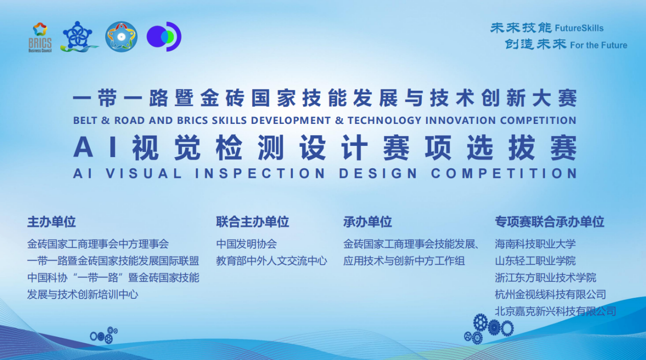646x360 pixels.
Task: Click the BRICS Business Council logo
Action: (40, 37)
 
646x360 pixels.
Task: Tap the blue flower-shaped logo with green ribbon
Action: (79, 37)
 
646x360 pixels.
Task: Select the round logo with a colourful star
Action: (121, 37)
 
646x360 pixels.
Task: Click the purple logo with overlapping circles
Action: (164, 37)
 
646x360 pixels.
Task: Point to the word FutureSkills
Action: (579, 28)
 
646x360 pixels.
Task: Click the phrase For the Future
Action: (599, 45)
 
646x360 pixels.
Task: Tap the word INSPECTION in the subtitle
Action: (260, 173)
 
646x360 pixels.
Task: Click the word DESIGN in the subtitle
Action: (378, 173)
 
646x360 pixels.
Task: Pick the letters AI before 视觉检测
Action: (96, 147)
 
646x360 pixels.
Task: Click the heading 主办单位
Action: (52, 222)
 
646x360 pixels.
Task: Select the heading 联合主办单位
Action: (253, 222)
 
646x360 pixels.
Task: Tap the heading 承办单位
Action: (367, 222)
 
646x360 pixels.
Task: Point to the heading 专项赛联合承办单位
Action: (550, 222)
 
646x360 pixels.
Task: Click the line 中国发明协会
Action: (246, 244)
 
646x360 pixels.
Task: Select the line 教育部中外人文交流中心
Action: (271, 261)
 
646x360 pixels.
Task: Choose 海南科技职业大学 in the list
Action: (535, 244)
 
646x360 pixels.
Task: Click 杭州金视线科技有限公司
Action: (551, 295)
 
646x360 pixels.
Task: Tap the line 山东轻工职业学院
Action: (535, 261)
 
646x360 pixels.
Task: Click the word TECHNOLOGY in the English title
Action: (384, 120)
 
